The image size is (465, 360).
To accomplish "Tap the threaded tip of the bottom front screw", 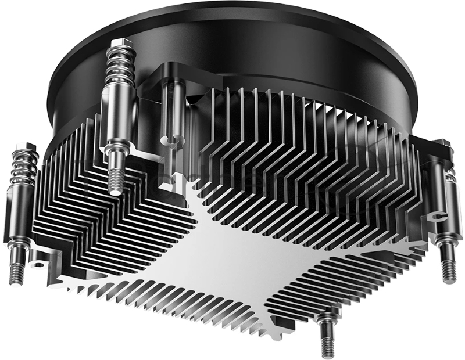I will coord(327,343).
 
